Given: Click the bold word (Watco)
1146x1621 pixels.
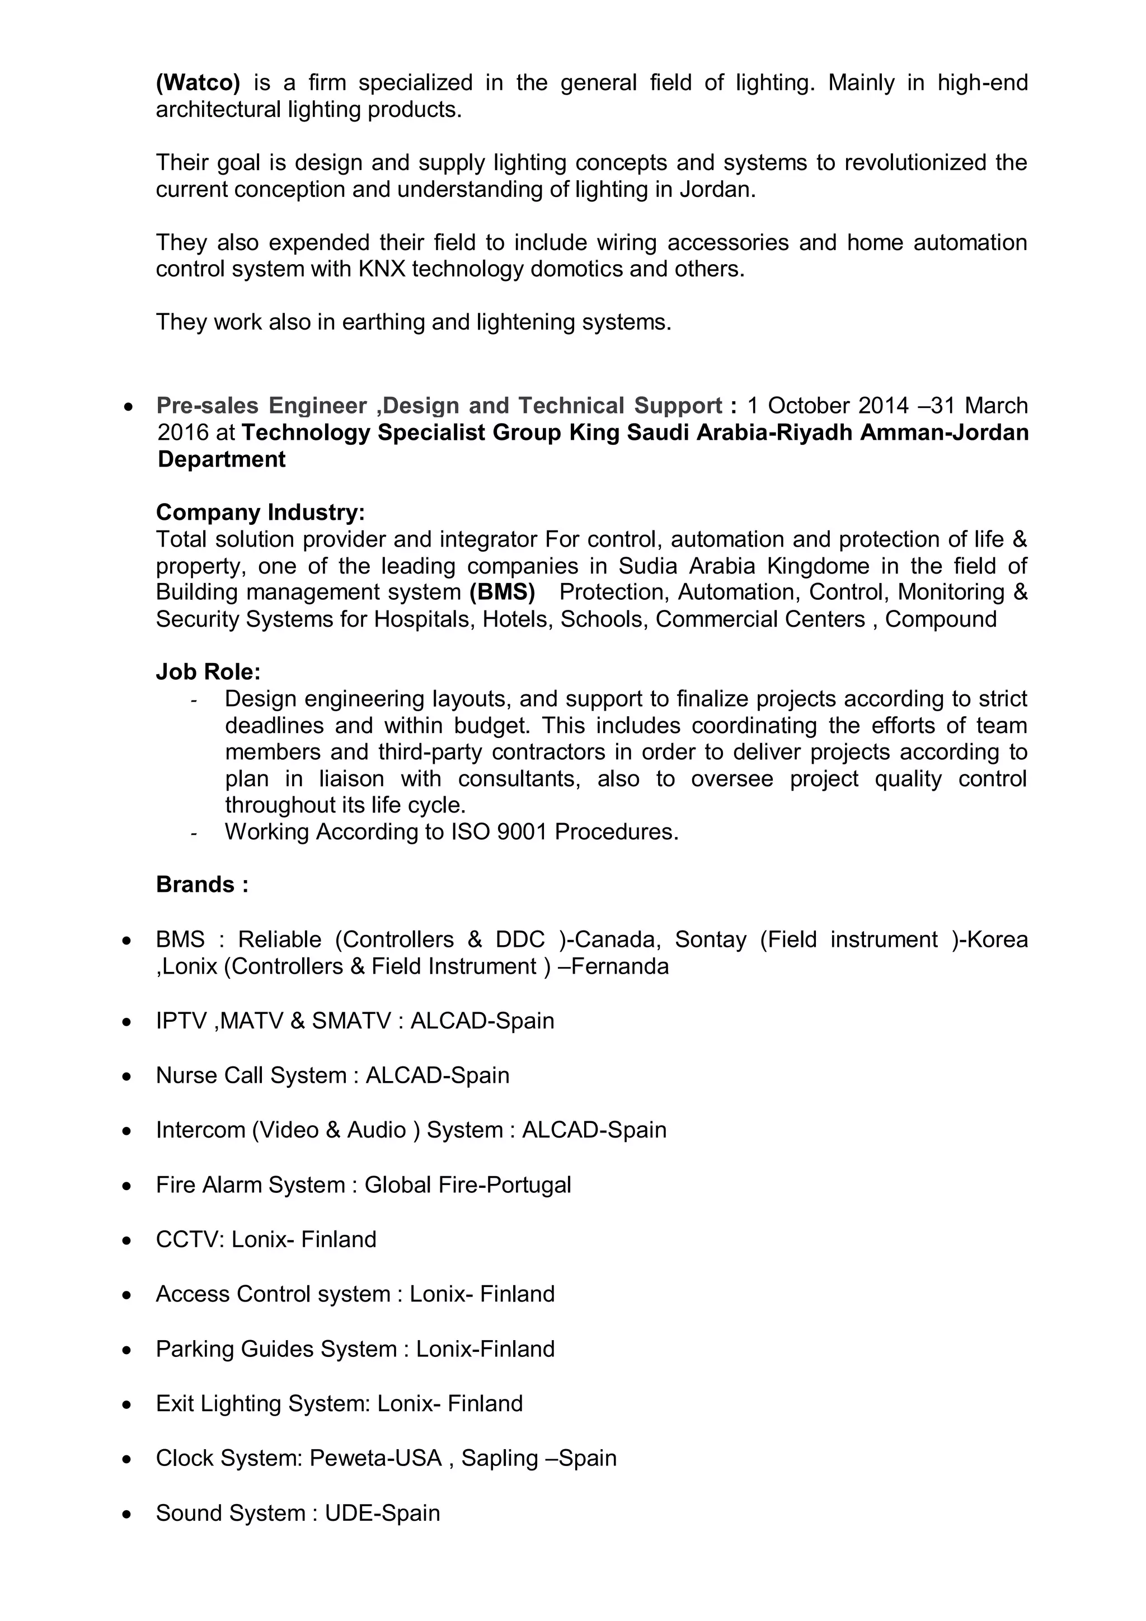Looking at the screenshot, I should pos(198,83).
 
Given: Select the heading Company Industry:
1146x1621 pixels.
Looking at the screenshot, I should pos(260,513).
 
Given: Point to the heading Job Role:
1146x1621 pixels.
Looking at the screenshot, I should pos(208,672).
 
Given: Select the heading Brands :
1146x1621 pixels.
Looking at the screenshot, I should pos(202,885).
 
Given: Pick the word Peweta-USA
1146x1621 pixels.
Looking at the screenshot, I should pos(375,1459).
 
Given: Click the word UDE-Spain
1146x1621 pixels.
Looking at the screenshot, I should pos(382,1514).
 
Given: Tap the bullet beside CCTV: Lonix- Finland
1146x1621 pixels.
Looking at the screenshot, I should pos(126,1241).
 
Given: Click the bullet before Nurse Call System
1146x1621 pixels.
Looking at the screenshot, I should pos(126,1077).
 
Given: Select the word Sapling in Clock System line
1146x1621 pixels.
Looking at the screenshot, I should pos(499,1459).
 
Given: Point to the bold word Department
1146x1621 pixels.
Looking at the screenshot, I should pos(221,459).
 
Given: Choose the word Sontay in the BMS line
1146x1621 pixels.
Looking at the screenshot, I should pos(710,939).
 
